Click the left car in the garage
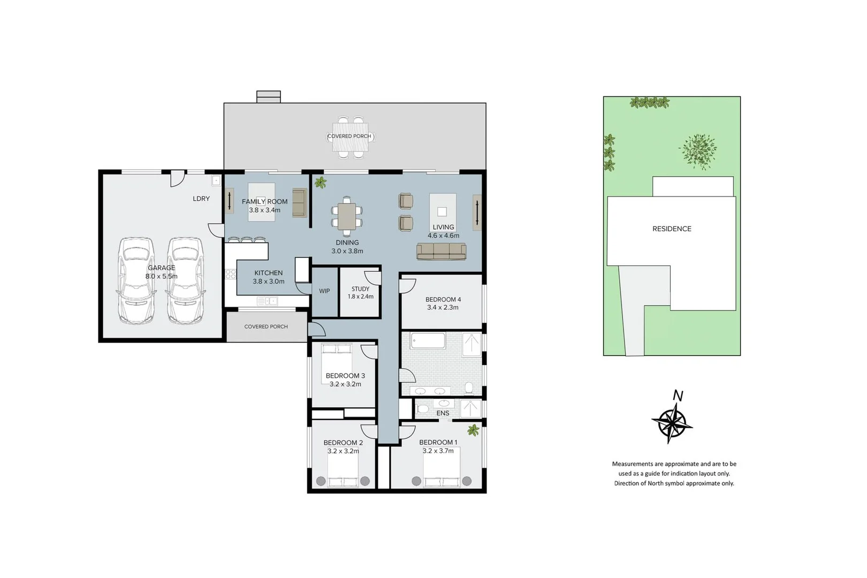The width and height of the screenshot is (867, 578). [x=136, y=281]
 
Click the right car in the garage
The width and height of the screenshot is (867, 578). [x=185, y=281]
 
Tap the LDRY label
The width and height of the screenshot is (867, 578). [x=201, y=199]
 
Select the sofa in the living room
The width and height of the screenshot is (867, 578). [x=442, y=252]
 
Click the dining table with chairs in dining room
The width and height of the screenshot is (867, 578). [x=347, y=216]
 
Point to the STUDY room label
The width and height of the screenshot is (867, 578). [x=360, y=289]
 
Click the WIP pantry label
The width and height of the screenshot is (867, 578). [x=324, y=291]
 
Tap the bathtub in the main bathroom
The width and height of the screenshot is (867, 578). [x=428, y=341]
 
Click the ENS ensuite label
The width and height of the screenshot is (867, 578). [x=443, y=413]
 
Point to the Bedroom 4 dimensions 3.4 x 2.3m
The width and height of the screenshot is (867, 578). [x=443, y=308]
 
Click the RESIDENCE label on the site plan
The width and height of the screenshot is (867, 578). [x=672, y=229]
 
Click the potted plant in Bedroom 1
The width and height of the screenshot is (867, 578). [x=473, y=430]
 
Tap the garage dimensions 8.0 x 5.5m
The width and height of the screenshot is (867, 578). [x=161, y=277]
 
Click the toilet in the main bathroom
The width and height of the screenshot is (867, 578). [x=469, y=387]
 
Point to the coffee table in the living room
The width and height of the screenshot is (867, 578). [x=443, y=211]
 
